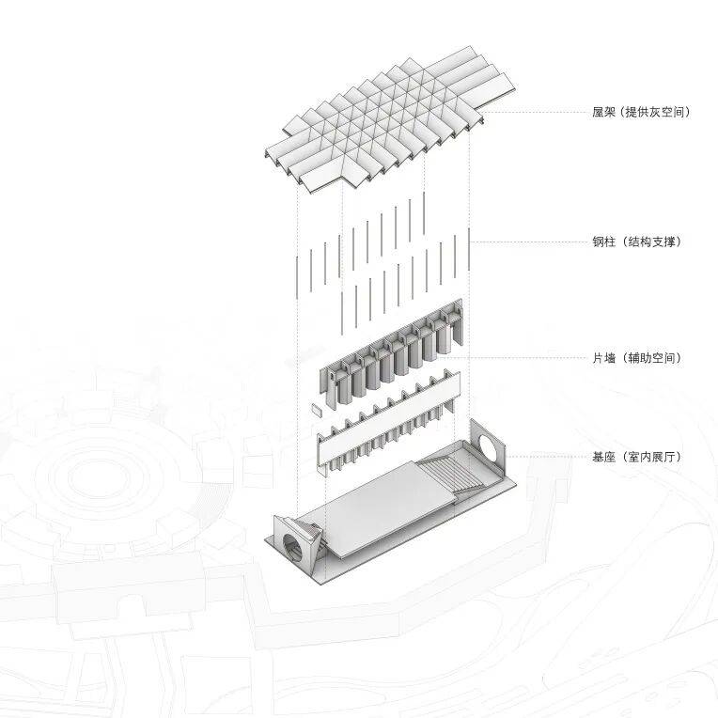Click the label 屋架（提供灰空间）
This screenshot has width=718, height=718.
(641, 112)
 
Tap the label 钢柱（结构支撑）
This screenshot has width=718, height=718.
(637, 242)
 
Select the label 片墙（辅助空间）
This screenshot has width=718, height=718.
(637, 358)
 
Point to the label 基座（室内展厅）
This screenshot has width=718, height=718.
(637, 457)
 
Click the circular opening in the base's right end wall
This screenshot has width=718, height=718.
(491, 448)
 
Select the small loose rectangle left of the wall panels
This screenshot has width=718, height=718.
(317, 409)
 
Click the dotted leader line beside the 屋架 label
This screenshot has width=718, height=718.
(535, 112)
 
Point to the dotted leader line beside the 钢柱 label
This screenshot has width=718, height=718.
(530, 242)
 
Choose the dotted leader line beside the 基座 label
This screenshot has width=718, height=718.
(546, 457)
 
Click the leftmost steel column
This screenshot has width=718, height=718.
(297, 278)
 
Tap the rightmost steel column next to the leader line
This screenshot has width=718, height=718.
(469, 249)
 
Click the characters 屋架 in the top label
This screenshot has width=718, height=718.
(604, 112)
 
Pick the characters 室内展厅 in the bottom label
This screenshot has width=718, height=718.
(651, 457)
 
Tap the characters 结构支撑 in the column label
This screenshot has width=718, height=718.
(651, 242)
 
